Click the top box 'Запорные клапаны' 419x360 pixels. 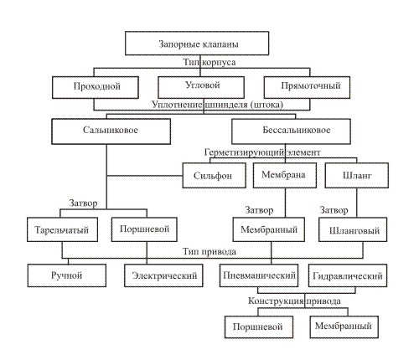(197, 44)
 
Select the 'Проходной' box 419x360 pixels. (96, 87)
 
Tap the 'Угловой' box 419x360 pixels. (201, 87)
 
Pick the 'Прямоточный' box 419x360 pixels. (307, 87)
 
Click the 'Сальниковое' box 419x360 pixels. (111, 131)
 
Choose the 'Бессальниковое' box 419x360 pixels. (291, 131)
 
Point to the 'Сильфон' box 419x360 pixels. (215, 175)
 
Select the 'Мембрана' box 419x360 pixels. (285, 175)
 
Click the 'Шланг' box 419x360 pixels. (357, 175)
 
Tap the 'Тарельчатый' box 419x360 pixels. (62, 229)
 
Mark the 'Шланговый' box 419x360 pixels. (353, 229)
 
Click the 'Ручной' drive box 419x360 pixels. (67, 275)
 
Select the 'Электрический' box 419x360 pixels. (163, 275)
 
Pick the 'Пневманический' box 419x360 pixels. (259, 275)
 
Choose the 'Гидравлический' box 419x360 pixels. (348, 275)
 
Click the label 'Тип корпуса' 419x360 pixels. (209, 62)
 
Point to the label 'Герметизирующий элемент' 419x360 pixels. (262, 152)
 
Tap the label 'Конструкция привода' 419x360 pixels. (294, 301)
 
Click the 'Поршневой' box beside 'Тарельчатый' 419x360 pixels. (144, 229)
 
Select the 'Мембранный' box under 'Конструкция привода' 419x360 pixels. (344, 327)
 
